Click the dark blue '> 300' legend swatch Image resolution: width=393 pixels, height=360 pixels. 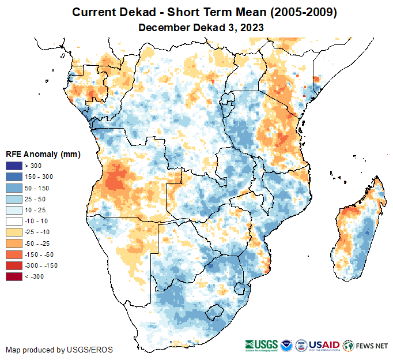click(x=14, y=166)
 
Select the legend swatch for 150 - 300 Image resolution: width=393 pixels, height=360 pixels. click(x=14, y=177)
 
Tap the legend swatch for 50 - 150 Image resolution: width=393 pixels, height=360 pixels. click(x=14, y=188)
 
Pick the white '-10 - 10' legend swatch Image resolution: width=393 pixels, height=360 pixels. click(x=14, y=221)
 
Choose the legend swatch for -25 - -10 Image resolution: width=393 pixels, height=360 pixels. click(x=14, y=232)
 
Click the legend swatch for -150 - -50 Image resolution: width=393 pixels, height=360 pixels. click(x=14, y=254)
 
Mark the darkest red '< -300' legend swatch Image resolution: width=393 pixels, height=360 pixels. click(x=14, y=276)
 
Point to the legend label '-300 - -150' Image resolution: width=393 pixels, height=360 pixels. click(x=41, y=265)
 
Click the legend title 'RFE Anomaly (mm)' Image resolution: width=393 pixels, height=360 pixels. click(x=43, y=154)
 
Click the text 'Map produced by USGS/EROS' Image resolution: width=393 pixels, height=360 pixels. click(x=59, y=350)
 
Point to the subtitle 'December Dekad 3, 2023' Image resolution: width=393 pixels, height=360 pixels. click(x=197, y=27)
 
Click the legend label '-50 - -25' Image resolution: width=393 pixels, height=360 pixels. click(x=38, y=243)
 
